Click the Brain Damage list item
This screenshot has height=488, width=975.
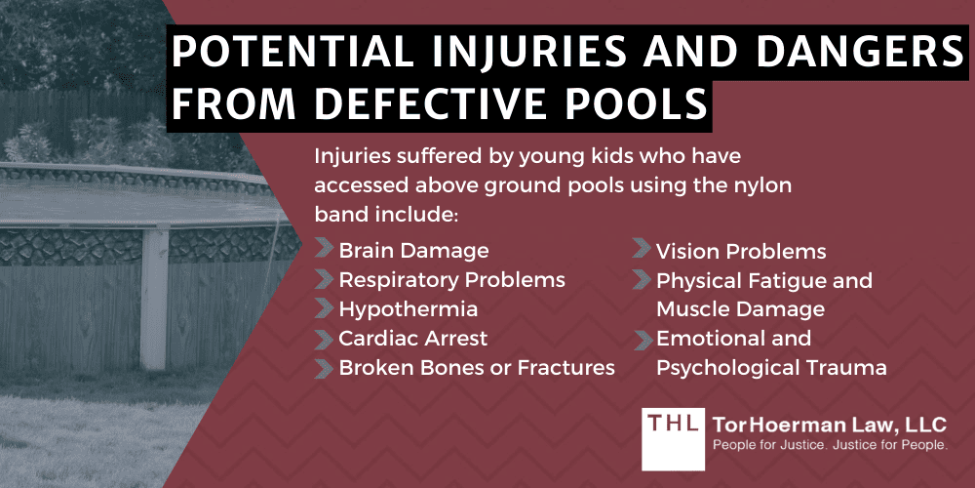413,251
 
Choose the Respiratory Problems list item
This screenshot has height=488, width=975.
451,280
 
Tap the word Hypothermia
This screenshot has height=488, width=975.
408,309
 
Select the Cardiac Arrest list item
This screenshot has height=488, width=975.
412,339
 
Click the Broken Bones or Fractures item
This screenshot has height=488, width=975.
476,368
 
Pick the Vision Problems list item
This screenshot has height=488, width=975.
740,251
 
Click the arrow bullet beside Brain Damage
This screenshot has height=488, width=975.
323,251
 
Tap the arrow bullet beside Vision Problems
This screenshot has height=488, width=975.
641,251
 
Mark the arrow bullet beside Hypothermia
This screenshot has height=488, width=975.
323,309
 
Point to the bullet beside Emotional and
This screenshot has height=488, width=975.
641,339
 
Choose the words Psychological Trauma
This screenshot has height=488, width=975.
770,368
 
